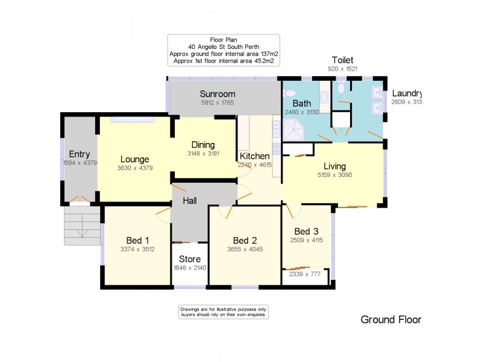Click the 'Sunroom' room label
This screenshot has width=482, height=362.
tap(218, 94)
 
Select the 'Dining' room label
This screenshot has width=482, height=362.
tap(203, 145)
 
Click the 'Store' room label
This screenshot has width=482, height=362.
tap(189, 259)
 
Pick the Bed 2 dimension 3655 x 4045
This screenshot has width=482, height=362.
tap(244, 249)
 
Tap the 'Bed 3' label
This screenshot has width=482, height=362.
tap(306, 232)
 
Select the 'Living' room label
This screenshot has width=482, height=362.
tap(335, 166)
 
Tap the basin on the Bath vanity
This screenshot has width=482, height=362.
tap(324, 97)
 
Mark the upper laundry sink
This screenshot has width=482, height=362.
tap(377, 94)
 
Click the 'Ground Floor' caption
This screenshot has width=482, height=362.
tap(390, 320)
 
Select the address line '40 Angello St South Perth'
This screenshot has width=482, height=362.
tap(224, 46)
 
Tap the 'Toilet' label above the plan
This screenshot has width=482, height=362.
tap(342, 60)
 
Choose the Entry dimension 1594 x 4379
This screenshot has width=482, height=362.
tap(80, 163)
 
